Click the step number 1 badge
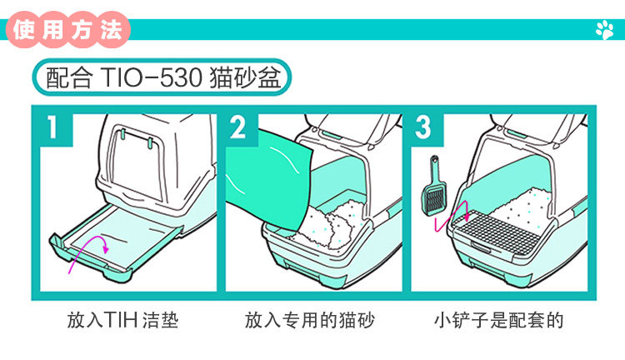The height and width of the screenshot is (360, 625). click(x=53, y=128)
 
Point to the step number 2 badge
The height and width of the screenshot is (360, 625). click(x=238, y=128)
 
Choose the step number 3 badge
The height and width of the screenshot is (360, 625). click(x=423, y=128)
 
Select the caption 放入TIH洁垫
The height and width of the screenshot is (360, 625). click(x=123, y=320)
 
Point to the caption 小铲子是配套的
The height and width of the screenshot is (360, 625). click(x=498, y=320)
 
